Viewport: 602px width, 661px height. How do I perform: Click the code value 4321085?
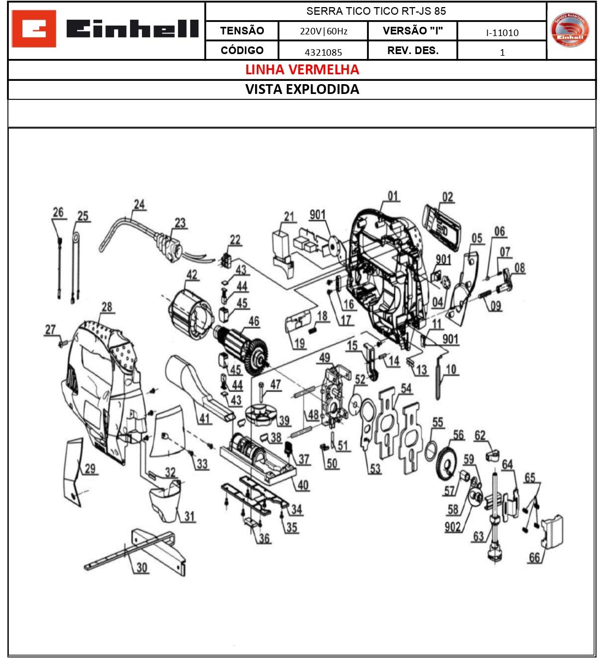tap(323, 52)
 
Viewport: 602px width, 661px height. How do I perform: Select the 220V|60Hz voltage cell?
tap(323, 31)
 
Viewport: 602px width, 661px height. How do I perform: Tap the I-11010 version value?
tap(502, 33)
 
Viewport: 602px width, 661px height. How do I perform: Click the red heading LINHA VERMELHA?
tap(302, 70)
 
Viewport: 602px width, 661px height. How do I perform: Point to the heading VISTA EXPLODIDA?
tap(302, 90)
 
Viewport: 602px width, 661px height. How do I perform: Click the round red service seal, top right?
tap(570, 30)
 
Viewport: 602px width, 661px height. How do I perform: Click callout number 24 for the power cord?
tap(139, 204)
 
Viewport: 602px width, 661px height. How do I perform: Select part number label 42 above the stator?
tap(192, 274)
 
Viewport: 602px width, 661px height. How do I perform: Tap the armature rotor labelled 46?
tap(240, 350)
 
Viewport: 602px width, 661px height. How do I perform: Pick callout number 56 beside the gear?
tap(458, 435)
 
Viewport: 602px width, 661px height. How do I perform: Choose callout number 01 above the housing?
tap(393, 196)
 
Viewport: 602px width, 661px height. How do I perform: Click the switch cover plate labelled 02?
tap(441, 224)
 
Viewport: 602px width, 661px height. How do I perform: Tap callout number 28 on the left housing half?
tap(107, 307)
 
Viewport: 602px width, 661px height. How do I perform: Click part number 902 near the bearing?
tap(452, 527)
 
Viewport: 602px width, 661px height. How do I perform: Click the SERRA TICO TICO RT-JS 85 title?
tap(376, 11)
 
